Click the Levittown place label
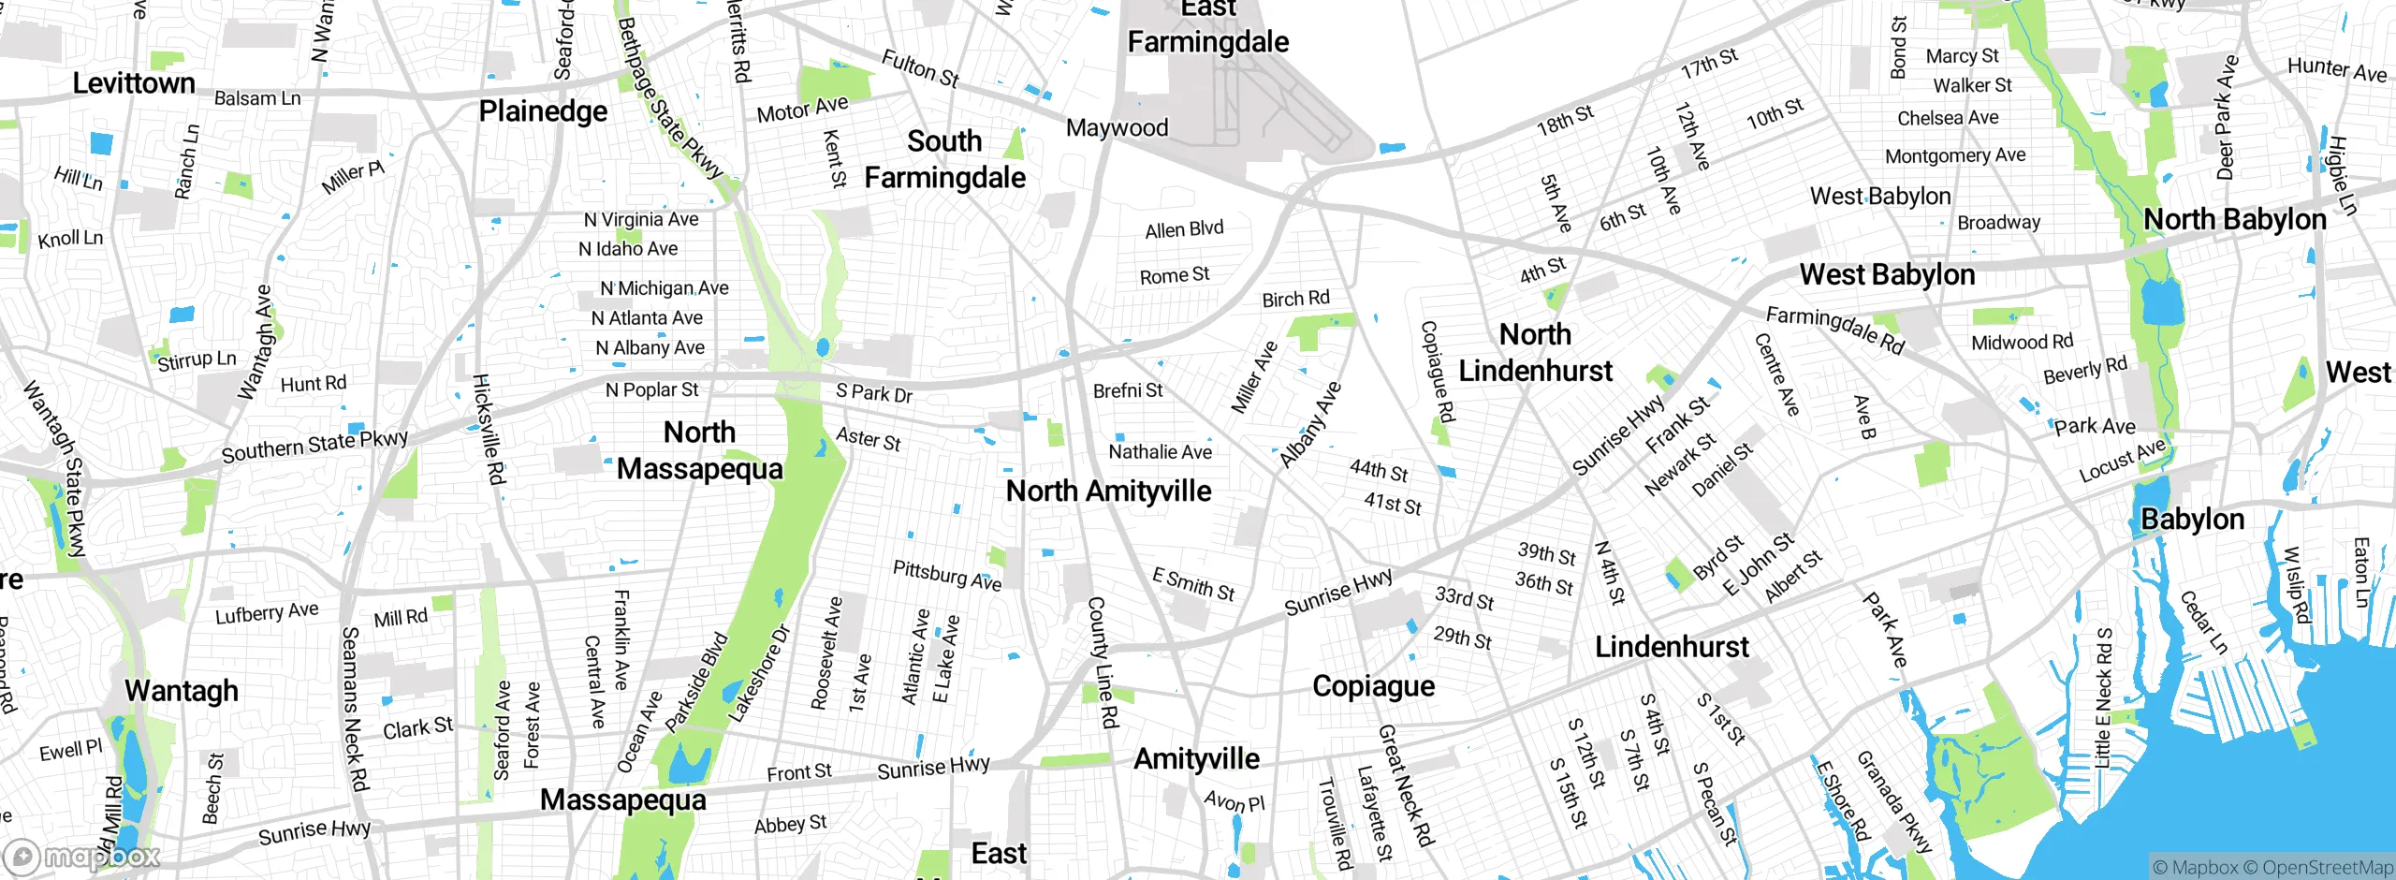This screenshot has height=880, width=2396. click(x=134, y=83)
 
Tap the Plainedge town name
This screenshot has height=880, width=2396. click(x=543, y=111)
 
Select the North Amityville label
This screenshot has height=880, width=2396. click(x=1108, y=491)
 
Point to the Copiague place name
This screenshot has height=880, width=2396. click(x=1373, y=686)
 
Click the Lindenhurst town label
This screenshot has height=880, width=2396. click(x=1672, y=647)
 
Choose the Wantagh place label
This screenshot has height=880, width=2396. click(x=182, y=691)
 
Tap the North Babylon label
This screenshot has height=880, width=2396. click(x=2234, y=219)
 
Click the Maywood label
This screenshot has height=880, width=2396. click(x=1117, y=127)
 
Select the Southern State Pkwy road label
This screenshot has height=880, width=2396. click(x=314, y=446)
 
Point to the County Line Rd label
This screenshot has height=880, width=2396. click(x=1102, y=663)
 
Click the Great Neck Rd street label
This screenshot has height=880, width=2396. click(x=1405, y=786)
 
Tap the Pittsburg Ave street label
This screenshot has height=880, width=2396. click(x=946, y=576)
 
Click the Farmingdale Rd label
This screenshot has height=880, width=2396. click(x=1834, y=330)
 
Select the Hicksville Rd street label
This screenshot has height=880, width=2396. click(x=489, y=429)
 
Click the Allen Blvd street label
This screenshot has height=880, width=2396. click(x=1184, y=229)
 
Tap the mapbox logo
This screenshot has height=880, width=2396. click(x=82, y=857)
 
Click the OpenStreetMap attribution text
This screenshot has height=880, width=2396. click(x=2327, y=868)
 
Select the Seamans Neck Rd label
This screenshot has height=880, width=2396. click(x=354, y=709)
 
